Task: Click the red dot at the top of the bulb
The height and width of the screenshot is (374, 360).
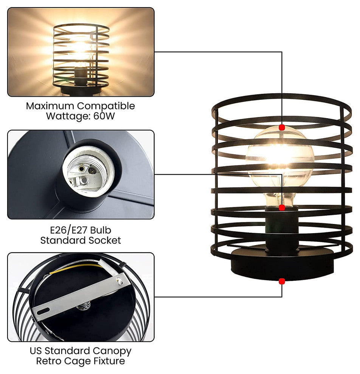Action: tap(282, 127)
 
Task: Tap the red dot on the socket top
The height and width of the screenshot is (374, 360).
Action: tap(282, 208)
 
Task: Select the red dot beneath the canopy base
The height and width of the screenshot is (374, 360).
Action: tap(282, 281)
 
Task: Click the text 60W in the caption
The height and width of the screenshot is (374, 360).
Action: tap(104, 116)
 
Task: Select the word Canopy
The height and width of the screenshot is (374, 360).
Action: tap(112, 351)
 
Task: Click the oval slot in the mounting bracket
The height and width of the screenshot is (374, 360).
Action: tap(43, 311)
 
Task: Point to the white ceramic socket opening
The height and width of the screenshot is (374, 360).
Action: tap(88, 172)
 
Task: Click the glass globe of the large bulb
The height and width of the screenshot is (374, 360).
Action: tap(280, 158)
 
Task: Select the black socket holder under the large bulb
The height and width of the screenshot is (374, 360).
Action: tap(282, 229)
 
